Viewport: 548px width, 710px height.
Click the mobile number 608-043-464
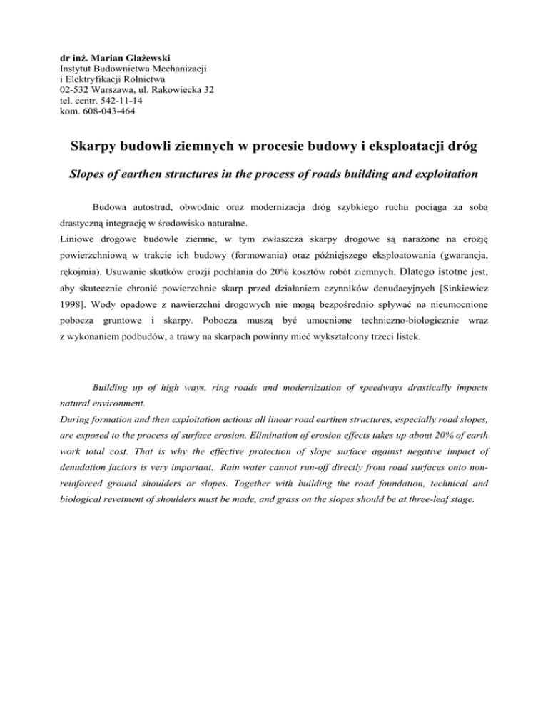pyautogui.click(x=108, y=111)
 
